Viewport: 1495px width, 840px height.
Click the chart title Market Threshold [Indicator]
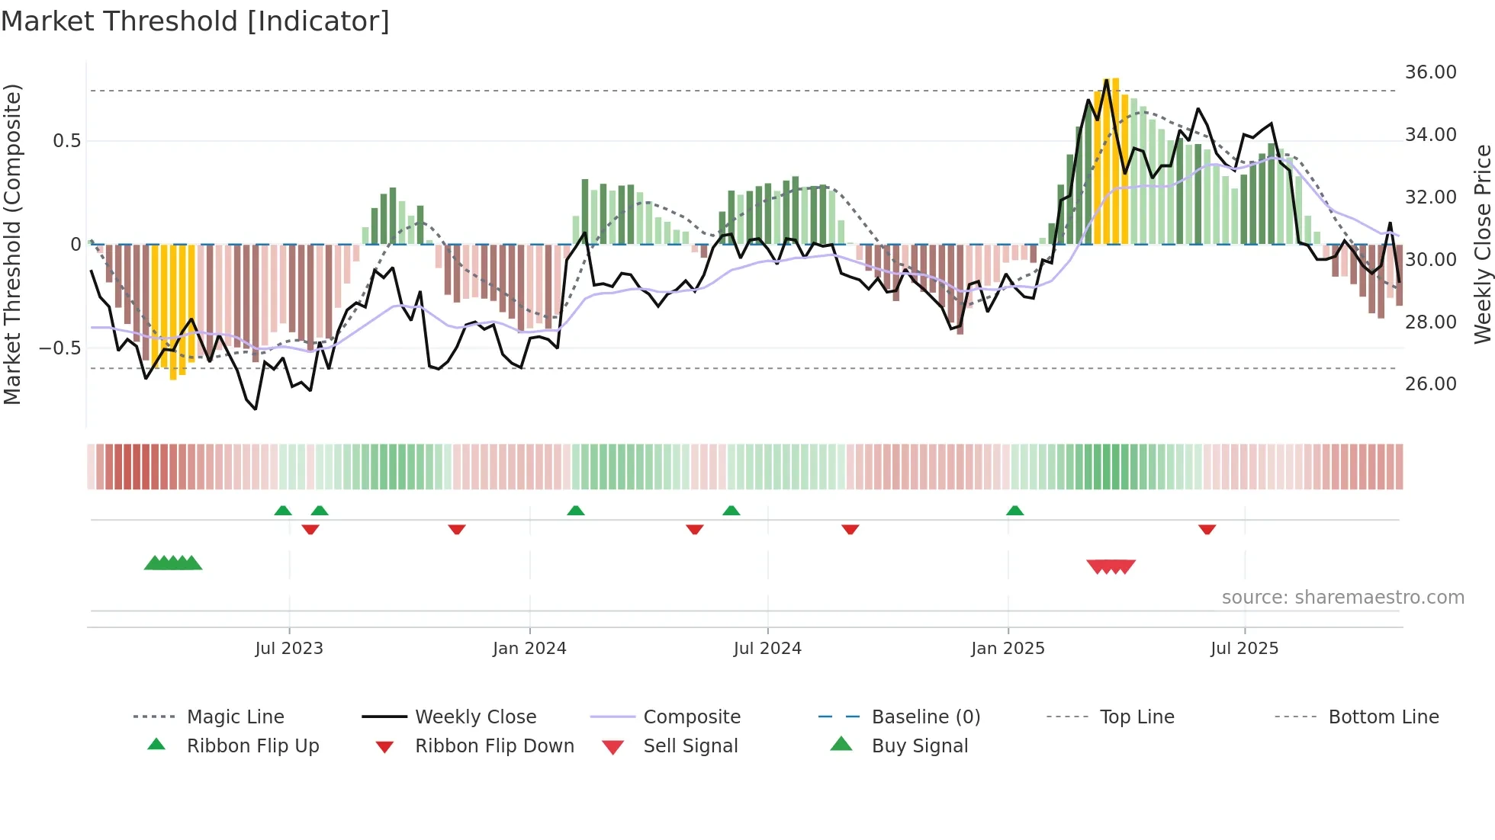pyautogui.click(x=195, y=21)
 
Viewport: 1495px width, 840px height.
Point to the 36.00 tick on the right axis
pyautogui.click(x=1430, y=72)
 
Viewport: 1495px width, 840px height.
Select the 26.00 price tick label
pyautogui.click(x=1430, y=384)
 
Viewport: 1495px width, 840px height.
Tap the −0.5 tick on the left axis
pyautogui.click(x=59, y=348)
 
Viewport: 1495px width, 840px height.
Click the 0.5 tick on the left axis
pyautogui.click(x=66, y=141)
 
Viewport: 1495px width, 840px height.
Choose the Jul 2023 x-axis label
pyautogui.click(x=289, y=649)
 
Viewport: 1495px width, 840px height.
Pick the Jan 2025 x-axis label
pyautogui.click(x=1008, y=649)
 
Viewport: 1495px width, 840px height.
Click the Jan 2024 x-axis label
pyautogui.click(x=529, y=649)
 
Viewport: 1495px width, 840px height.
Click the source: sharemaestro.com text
pyautogui.click(x=1342, y=598)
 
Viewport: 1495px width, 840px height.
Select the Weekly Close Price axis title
pyautogui.click(x=1482, y=244)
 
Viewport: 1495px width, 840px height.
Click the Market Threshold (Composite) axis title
pyautogui.click(x=12, y=244)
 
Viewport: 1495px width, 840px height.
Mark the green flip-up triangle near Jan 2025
pyautogui.click(x=1014, y=511)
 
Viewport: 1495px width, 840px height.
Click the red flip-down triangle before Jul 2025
pyautogui.click(x=1207, y=529)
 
